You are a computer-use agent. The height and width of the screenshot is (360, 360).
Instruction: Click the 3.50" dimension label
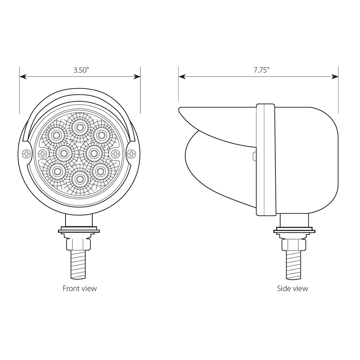click(x=81, y=70)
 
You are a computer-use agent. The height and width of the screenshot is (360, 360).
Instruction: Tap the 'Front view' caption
click(x=80, y=289)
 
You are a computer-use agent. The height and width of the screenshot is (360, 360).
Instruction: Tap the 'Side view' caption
click(x=292, y=289)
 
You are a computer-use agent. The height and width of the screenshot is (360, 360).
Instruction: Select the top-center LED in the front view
click(x=79, y=128)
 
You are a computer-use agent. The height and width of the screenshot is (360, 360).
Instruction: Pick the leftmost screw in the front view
click(x=27, y=154)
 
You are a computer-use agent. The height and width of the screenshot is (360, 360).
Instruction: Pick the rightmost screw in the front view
click(x=131, y=154)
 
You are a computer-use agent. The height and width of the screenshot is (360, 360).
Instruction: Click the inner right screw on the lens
click(x=115, y=154)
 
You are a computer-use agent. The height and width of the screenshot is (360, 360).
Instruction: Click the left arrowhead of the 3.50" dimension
click(x=23, y=77)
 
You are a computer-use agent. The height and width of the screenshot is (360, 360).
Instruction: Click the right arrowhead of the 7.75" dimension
click(x=335, y=77)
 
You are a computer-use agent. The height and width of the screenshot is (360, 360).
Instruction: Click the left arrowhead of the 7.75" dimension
click(x=182, y=77)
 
